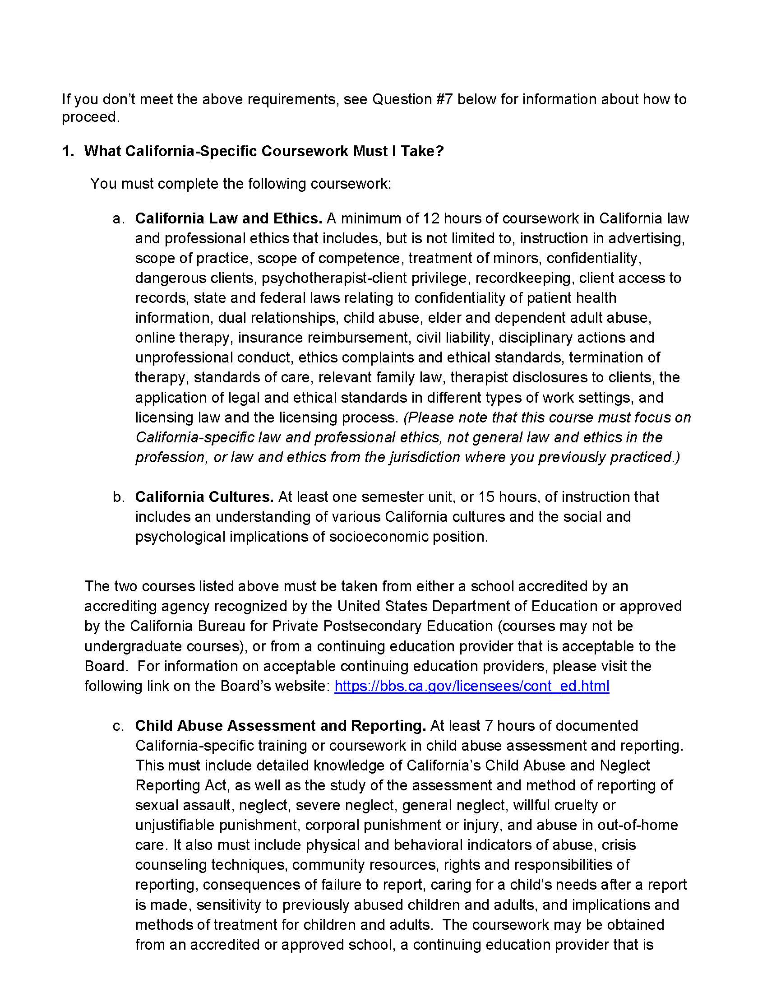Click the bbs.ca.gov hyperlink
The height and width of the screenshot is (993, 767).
[471, 686]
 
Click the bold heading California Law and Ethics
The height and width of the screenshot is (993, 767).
[229, 218]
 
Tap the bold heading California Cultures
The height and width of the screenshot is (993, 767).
[204, 496]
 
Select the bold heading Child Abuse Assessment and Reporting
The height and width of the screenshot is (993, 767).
[280, 726]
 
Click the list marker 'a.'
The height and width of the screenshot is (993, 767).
[119, 219]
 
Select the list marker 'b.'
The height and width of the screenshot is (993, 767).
[119, 497]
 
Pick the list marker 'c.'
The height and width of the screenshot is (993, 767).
[119, 726]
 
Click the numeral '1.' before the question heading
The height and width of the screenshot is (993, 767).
[68, 151]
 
